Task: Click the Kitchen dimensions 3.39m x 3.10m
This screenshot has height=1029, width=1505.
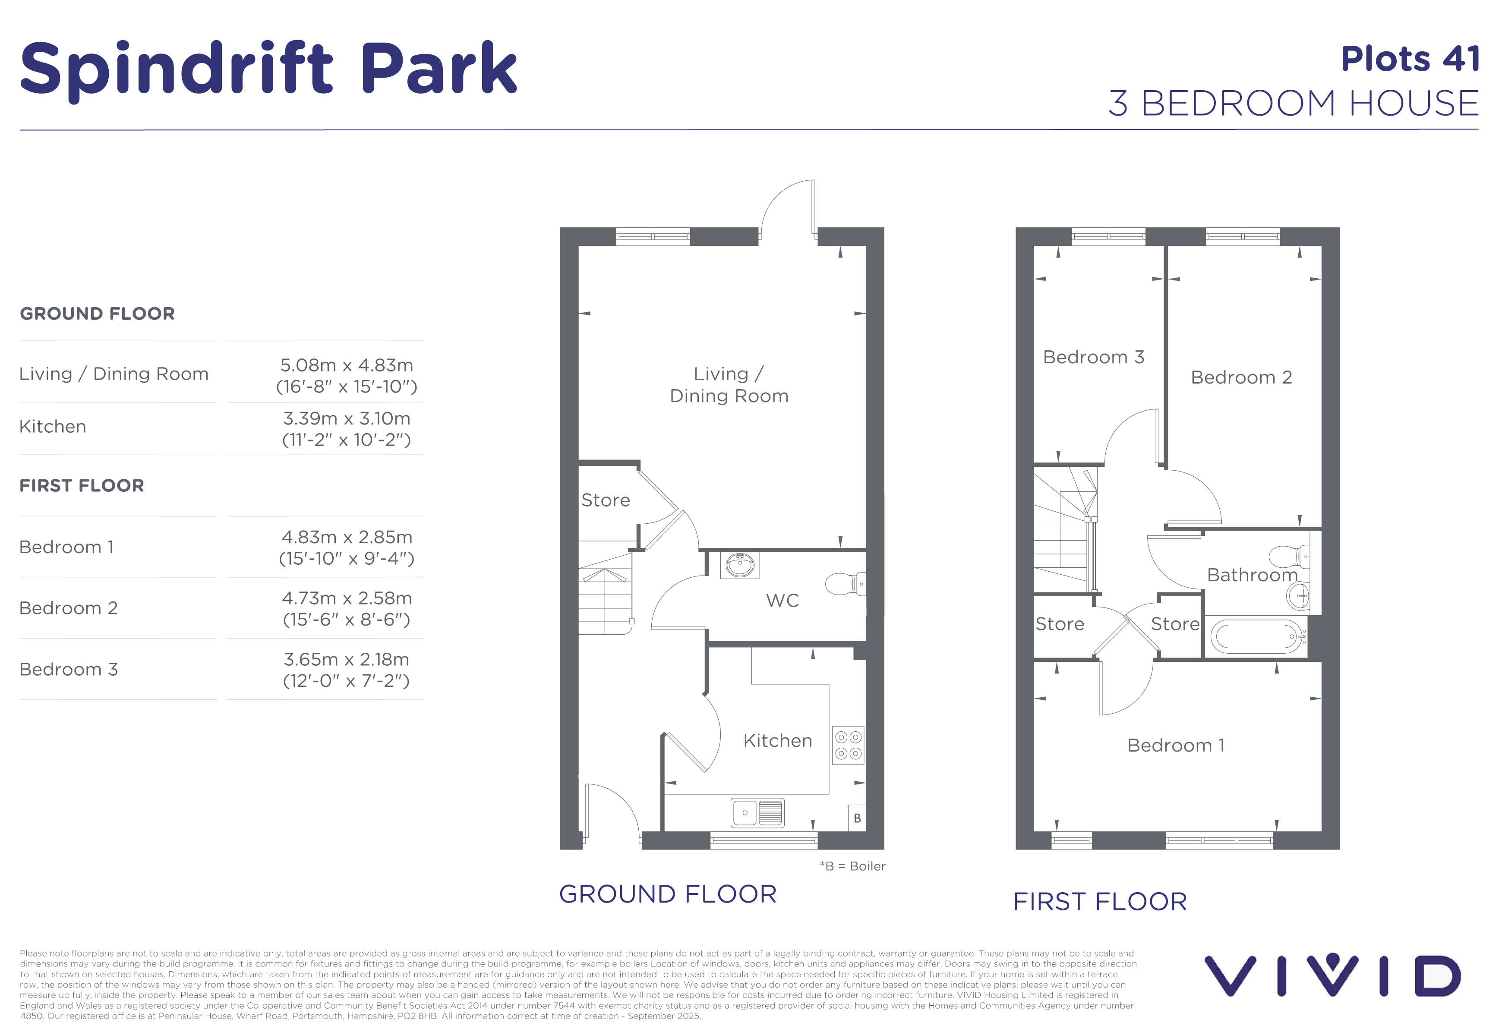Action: tap(347, 418)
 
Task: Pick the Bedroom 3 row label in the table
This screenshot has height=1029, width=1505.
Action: tap(69, 669)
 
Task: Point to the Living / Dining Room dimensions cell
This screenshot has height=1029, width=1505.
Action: tap(347, 375)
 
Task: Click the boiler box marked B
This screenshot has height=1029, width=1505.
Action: tap(857, 818)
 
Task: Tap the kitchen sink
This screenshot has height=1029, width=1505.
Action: tap(758, 813)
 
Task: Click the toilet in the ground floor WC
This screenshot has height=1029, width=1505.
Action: tap(845, 584)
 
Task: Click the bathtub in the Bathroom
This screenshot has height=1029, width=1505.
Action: tap(1256, 637)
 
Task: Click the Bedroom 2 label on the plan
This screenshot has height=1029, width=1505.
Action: tap(1241, 377)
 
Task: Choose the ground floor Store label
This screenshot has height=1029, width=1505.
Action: tap(606, 500)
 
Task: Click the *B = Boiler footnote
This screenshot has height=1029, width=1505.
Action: tap(852, 866)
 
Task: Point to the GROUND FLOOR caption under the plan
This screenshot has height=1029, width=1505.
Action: tap(668, 894)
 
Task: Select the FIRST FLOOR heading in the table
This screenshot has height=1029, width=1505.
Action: tap(82, 485)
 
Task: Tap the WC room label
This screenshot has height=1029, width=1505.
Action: tap(782, 601)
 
